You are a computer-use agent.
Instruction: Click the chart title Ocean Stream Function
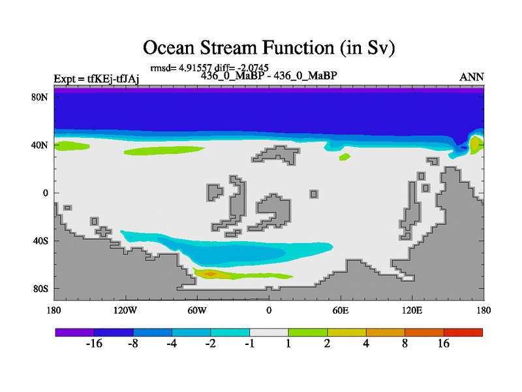click(269, 48)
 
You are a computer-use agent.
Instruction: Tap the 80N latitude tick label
click(40, 97)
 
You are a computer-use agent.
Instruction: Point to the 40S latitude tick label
click(40, 240)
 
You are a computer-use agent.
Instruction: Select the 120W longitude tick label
click(125, 311)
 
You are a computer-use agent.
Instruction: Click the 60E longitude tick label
click(340, 311)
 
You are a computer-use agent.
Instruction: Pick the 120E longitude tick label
click(412, 311)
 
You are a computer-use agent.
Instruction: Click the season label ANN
click(471, 77)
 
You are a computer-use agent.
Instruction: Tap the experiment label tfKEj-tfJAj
click(113, 79)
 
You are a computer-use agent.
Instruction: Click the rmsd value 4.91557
click(195, 68)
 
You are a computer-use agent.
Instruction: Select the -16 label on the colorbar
click(94, 344)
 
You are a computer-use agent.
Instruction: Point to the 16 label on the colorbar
click(444, 344)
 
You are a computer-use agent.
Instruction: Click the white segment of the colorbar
click(269, 333)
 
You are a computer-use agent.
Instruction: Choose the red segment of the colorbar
click(463, 333)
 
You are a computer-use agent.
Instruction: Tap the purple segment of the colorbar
click(75, 333)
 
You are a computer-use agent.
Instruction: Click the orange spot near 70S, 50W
click(210, 274)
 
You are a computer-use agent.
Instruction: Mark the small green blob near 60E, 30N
click(345, 157)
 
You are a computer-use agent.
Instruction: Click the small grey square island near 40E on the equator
click(314, 194)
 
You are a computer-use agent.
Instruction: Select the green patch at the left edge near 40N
click(72, 146)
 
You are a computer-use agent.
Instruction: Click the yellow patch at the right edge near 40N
click(475, 144)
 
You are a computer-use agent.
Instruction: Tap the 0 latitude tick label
click(45, 193)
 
